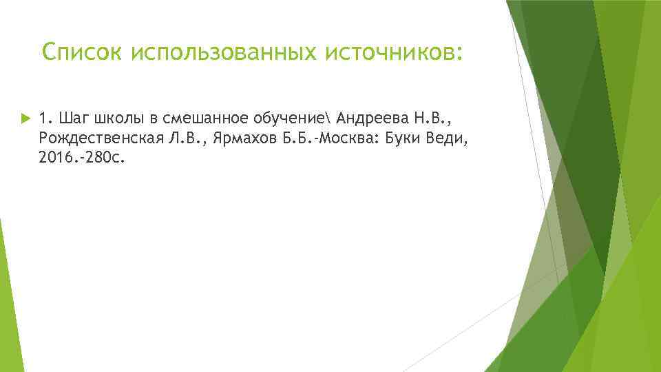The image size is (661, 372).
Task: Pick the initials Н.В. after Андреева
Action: click(432, 118)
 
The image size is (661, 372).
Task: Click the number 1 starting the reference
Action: click(45, 118)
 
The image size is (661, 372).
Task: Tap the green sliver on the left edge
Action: click(6, 303)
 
